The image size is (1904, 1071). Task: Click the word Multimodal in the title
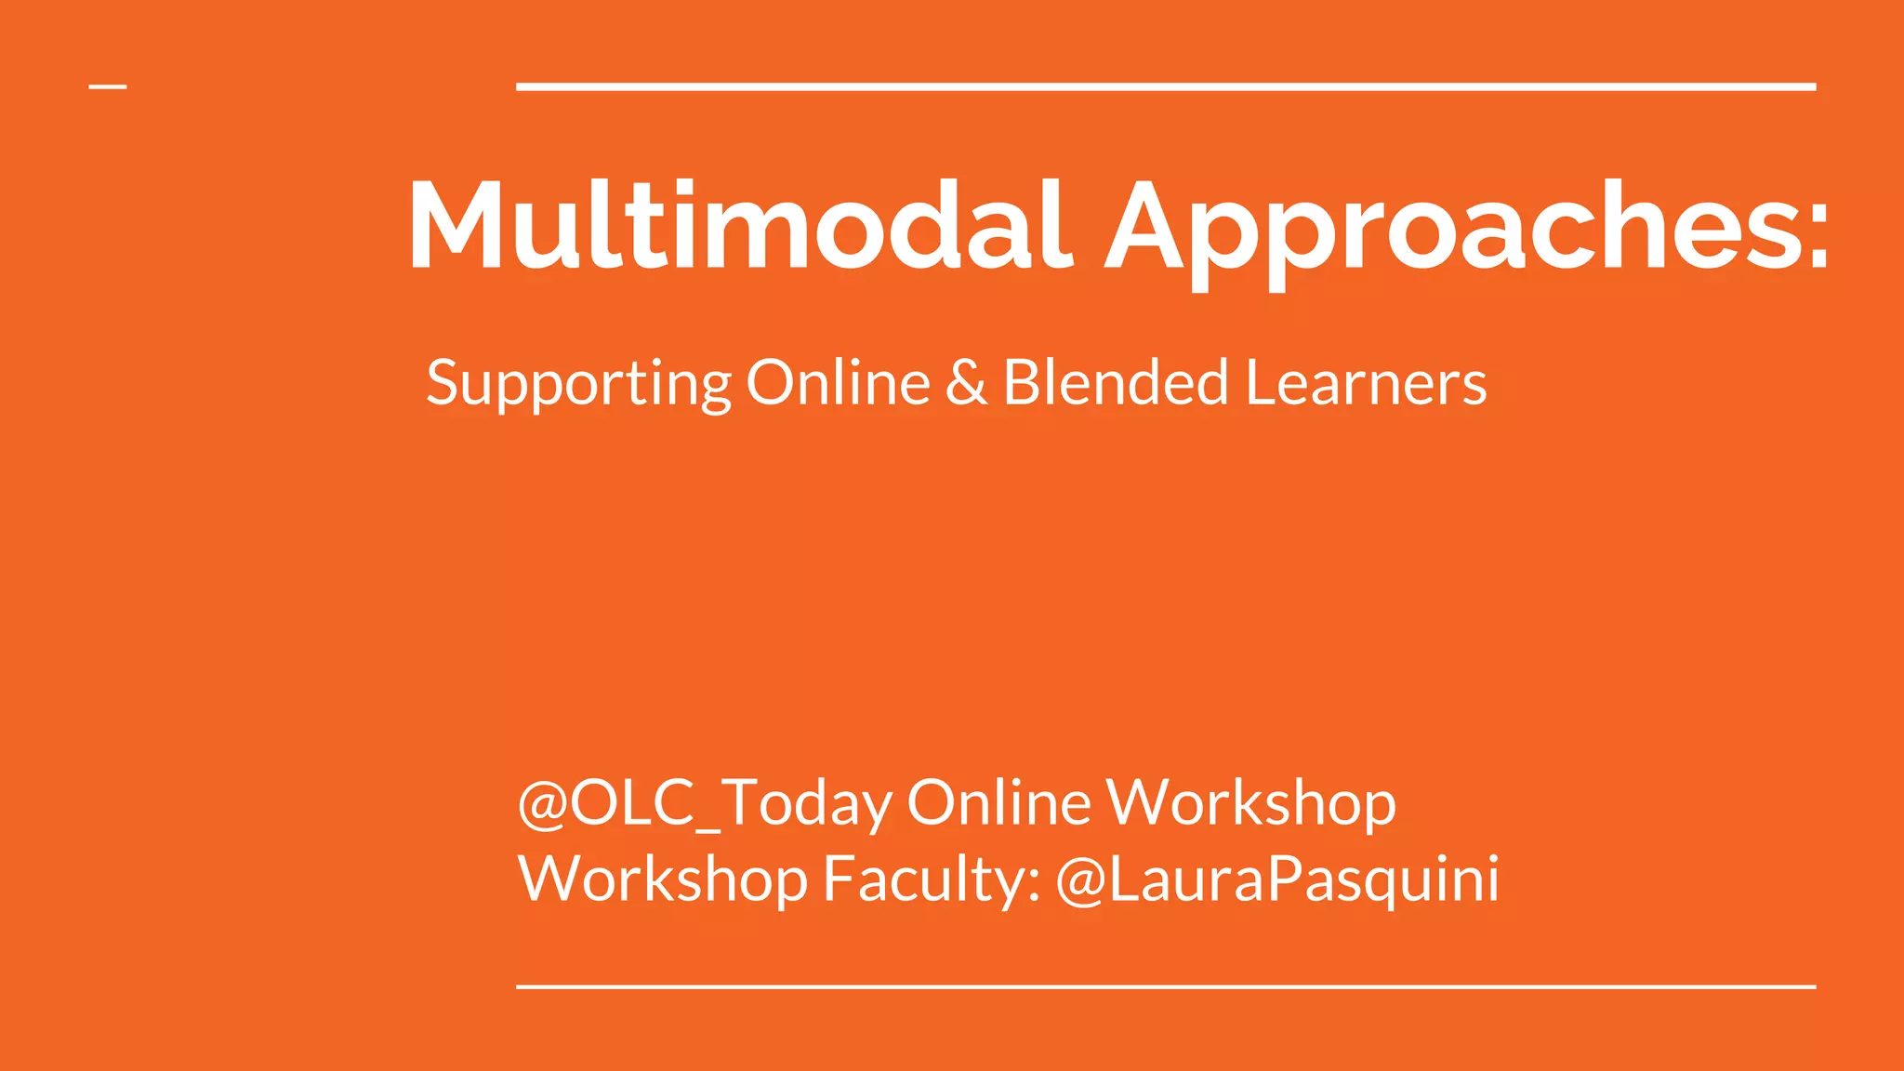tap(739, 226)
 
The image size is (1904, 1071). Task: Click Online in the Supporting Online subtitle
tap(838, 382)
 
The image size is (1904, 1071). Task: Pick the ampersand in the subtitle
tap(967, 383)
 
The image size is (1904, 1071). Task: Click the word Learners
tap(1366, 383)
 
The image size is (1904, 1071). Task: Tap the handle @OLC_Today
tap(705, 802)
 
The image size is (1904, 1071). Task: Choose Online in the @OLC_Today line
tap(998, 802)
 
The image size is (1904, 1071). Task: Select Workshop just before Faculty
tap(663, 879)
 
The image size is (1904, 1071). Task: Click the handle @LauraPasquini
tap(1278, 879)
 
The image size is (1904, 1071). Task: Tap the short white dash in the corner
tap(108, 86)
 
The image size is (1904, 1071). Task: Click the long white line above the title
tap(1166, 86)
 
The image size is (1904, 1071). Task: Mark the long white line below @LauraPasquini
tap(1166, 986)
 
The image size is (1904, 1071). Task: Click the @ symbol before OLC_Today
tap(543, 803)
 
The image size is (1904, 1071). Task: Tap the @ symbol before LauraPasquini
tap(1080, 879)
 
